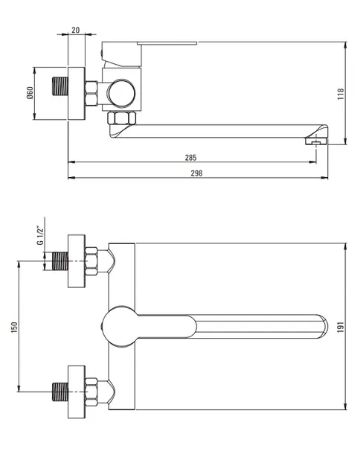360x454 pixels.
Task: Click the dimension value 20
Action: pyautogui.click(x=76, y=30)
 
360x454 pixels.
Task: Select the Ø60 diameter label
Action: pyautogui.click(x=30, y=93)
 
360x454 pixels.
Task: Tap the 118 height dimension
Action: pyautogui.click(x=341, y=94)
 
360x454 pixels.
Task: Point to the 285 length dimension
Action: pyautogui.click(x=190, y=158)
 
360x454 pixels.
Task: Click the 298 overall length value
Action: pyautogui.click(x=196, y=173)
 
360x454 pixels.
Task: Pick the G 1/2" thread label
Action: pyautogui.click(x=40, y=235)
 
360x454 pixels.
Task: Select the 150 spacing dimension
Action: pyautogui.click(x=14, y=327)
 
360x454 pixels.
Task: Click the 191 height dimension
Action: pyautogui.click(x=341, y=327)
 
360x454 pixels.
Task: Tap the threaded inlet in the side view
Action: pyautogui.click(x=60, y=86)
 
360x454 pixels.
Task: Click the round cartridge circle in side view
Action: pyautogui.click(x=121, y=93)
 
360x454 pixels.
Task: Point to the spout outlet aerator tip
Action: pyautogui.click(x=316, y=141)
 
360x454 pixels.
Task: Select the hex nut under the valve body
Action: pyautogui.click(x=121, y=118)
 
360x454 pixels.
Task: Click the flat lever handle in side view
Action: pyautogui.click(x=167, y=43)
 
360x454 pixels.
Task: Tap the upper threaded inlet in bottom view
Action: pyautogui.click(x=60, y=261)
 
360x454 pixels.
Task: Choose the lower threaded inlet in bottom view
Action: pyautogui.click(x=60, y=392)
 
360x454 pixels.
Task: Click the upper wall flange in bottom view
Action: pyautogui.click(x=77, y=261)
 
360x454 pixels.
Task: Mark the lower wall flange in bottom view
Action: pyautogui.click(x=77, y=392)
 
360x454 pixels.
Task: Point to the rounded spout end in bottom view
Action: pyautogui.click(x=323, y=326)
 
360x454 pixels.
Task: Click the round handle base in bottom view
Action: pyautogui.click(x=120, y=326)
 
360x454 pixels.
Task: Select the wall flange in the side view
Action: pyautogui.click(x=77, y=93)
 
